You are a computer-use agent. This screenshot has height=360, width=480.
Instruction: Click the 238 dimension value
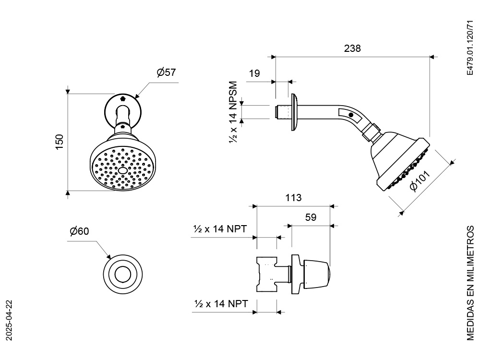click(x=352, y=48)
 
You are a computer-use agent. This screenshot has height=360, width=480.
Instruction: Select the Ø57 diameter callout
click(x=166, y=72)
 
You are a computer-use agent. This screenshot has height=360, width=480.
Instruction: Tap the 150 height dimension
click(x=59, y=142)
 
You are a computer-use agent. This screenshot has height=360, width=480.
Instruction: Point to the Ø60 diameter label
click(x=79, y=231)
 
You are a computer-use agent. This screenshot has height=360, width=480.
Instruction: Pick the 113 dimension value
click(x=293, y=198)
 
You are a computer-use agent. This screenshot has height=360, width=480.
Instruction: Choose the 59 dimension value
click(x=311, y=217)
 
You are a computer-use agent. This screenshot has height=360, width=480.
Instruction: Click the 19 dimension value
click(x=254, y=73)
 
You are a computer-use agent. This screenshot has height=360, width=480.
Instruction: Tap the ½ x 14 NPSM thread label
click(x=233, y=112)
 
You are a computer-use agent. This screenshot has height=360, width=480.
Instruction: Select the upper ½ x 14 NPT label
click(x=220, y=228)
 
